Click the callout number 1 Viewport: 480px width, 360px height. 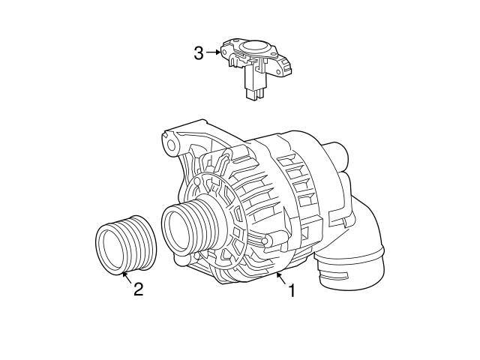coord(292,290)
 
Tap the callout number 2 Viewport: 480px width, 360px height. coord(138,289)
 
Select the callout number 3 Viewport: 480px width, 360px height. coord(198,53)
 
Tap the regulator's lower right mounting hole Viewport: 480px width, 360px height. coord(287,70)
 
